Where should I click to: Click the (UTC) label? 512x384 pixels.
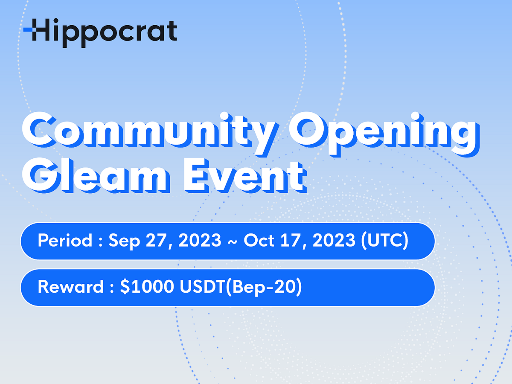pyautogui.click(x=384, y=241)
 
